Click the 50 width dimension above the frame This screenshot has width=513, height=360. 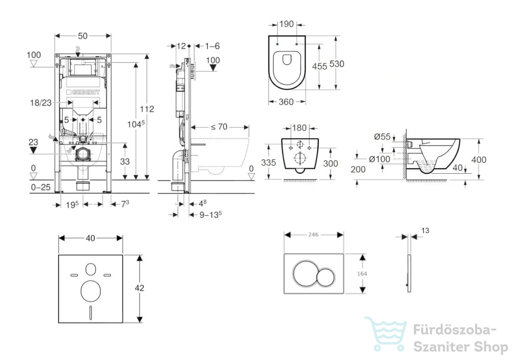83,36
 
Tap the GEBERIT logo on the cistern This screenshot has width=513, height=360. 83,92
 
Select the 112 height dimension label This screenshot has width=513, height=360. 147,109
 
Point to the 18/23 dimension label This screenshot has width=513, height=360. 41,103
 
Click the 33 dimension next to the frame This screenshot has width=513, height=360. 125,161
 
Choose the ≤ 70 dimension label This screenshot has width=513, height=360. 219,127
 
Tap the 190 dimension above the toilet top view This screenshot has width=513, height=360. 287,24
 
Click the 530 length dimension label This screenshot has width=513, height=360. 337,64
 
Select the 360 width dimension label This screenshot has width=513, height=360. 286,102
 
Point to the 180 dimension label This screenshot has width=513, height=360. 300,128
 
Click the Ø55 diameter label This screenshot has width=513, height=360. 382,136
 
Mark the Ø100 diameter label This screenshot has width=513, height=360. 380,159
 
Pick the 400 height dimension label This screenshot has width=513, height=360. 478,160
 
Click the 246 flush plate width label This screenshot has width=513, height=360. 313,234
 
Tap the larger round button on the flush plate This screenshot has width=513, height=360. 305,273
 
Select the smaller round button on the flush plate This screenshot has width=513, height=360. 326,277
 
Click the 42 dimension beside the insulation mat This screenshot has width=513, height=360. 139,288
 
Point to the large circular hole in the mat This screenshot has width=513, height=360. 91,291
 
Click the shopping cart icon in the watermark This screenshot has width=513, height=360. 386,333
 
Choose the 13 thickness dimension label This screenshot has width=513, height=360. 425,230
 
